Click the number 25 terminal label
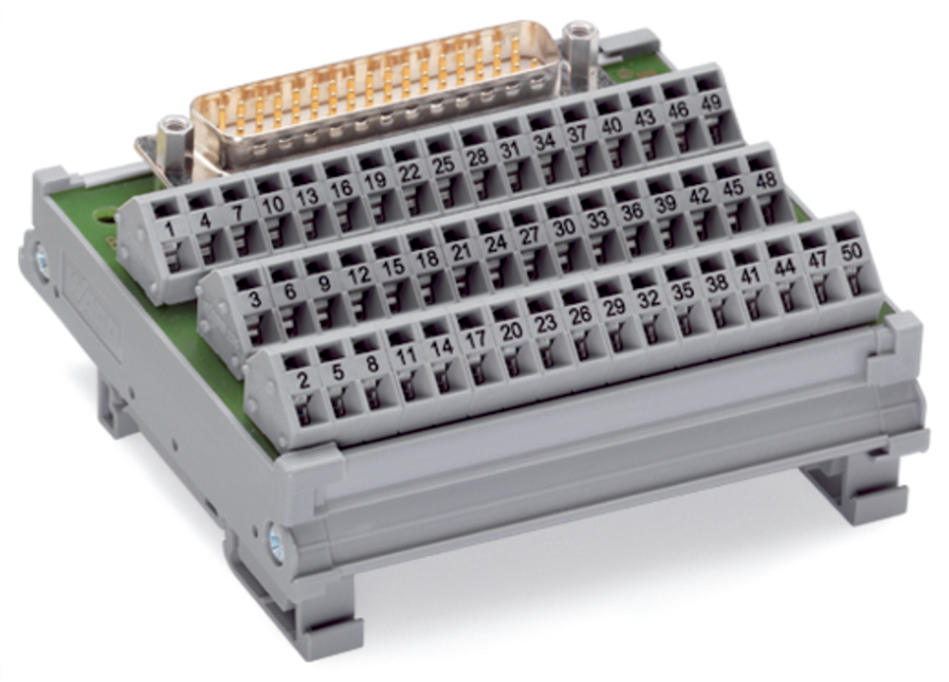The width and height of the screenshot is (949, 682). pyautogui.click(x=444, y=165)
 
